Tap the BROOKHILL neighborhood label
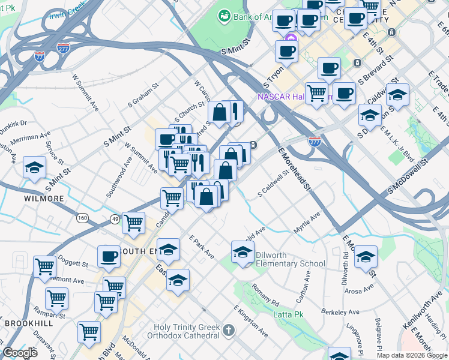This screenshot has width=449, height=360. click(x=28, y=323)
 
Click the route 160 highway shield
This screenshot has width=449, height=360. click(x=83, y=217)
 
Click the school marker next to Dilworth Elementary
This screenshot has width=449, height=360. click(x=242, y=252)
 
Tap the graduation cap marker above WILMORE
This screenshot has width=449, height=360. click(x=35, y=168)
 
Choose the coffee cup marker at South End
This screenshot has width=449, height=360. click(x=109, y=256)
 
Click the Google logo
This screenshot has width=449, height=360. click(x=20, y=353)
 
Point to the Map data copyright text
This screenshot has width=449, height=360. click(x=412, y=355)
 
